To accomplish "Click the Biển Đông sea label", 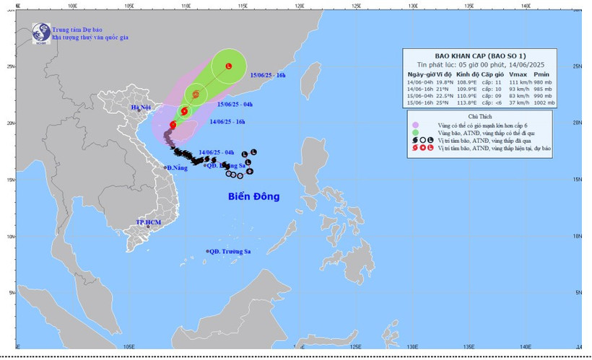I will click(253, 196).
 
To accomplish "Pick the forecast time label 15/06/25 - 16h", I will click(268, 75).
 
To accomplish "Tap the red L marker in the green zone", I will click(229, 67).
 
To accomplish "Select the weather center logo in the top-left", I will click(40, 32).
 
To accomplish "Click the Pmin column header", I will click(544, 74).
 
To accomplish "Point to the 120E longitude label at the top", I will click(299, 6).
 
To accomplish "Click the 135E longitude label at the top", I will click(469, 6).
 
